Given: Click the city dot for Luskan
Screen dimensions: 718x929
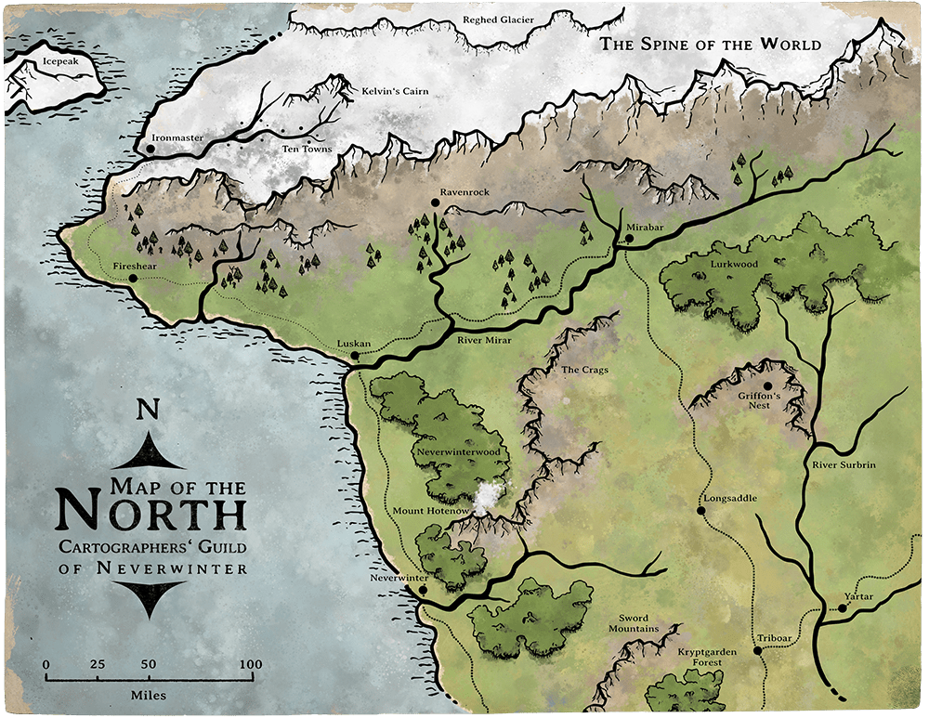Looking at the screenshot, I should pos(355,355).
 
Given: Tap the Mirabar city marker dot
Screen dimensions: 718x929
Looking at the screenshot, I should pos(629,239).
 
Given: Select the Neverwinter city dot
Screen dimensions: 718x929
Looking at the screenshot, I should pos(423,589).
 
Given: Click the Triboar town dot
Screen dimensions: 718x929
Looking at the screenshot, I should pos(758,650).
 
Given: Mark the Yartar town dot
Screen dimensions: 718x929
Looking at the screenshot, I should pos(842,608).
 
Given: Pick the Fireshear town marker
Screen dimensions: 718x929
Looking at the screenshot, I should pos(133,278).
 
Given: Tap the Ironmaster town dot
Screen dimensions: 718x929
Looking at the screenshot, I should pos(150,148).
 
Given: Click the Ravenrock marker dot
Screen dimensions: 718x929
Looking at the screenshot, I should pos(435,202).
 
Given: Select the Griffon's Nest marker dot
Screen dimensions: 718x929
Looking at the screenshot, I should pos(768,385).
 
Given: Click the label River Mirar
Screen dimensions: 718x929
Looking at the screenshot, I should pos(485,341).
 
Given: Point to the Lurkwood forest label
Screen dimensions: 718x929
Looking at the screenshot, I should pos(734,264).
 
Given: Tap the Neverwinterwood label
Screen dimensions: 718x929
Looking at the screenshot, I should pos(457,452).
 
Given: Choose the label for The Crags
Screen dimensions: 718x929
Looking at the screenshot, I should pos(585,370).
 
